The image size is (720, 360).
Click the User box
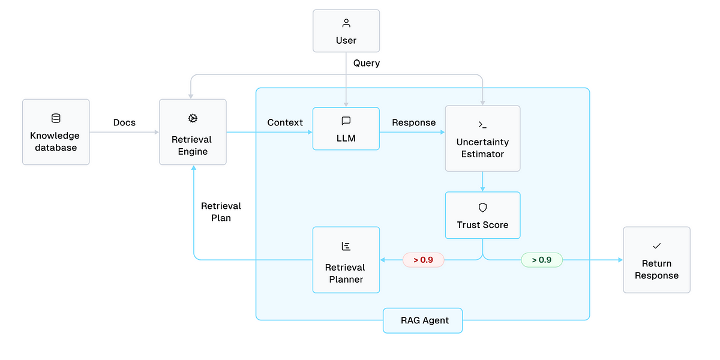click(x=346, y=31)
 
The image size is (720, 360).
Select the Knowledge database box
click(x=56, y=132)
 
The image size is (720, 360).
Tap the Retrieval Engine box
click(x=193, y=132)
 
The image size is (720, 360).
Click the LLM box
click(x=346, y=128)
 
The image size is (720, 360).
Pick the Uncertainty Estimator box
click(x=482, y=139)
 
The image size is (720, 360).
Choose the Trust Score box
click(x=482, y=215)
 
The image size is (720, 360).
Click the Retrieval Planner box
click(x=346, y=260)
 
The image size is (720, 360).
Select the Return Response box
click(x=656, y=260)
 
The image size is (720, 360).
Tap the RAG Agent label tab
click(x=422, y=320)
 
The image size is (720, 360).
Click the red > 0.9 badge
click(x=424, y=260)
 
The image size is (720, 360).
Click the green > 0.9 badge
click(x=542, y=260)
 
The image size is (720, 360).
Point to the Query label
click(x=367, y=64)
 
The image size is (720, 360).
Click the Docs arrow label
click(x=124, y=122)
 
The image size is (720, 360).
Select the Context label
click(x=285, y=122)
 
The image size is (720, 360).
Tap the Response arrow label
click(x=413, y=123)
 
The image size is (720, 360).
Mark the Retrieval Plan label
click(x=221, y=212)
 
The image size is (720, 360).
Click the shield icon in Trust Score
click(x=482, y=208)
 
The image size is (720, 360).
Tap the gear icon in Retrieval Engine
click(x=193, y=118)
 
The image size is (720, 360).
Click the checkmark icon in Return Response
click(x=656, y=246)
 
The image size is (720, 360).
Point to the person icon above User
click(x=346, y=23)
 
